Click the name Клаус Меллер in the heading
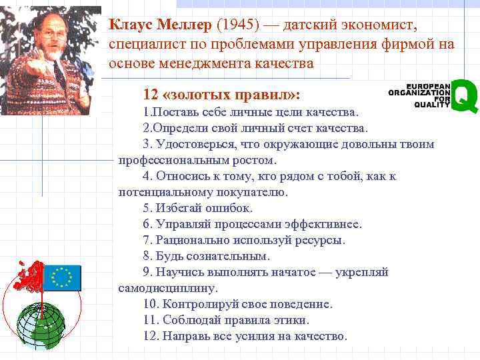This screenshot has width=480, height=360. pos(160,25)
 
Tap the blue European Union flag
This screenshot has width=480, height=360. pos(62,277)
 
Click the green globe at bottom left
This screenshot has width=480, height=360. pos(41,327)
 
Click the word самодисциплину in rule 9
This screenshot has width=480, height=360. pos(168,288)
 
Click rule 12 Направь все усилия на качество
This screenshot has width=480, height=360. pos(245,336)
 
